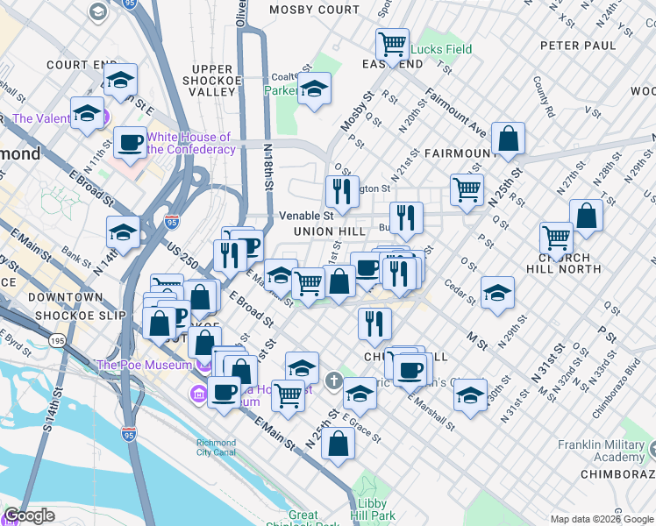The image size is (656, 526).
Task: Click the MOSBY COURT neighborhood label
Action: [x=315, y=10]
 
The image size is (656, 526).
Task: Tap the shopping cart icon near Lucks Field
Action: [x=392, y=43]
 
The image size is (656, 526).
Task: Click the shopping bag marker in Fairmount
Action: [x=508, y=138]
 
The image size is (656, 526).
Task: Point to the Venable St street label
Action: [x=306, y=215]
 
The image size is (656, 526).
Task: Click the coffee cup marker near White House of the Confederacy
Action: [x=131, y=141]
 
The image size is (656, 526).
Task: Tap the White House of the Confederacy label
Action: [x=189, y=143]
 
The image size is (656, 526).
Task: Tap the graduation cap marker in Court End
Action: [x=120, y=80]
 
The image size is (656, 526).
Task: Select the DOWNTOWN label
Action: [x=67, y=297]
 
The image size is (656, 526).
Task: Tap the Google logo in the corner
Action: [x=29, y=515]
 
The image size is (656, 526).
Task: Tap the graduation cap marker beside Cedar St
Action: [x=497, y=292]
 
